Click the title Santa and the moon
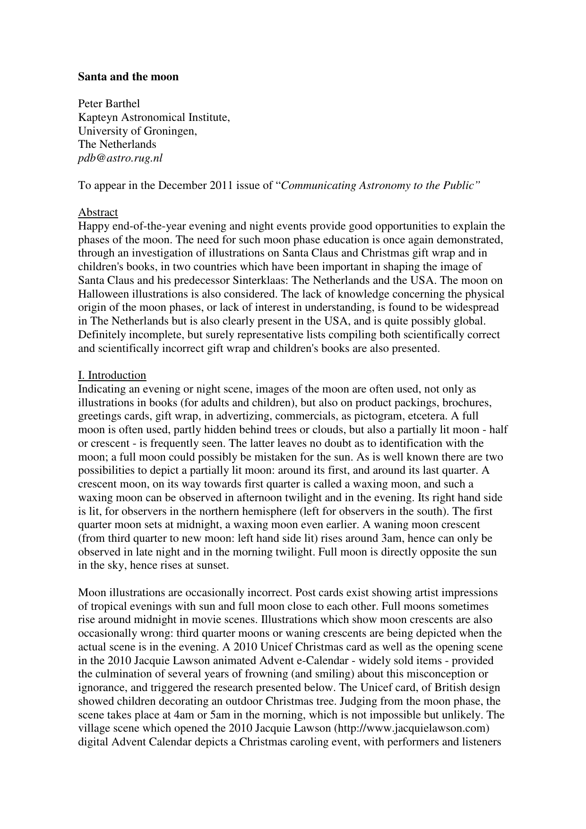point(128,77)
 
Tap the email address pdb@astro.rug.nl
point(120,158)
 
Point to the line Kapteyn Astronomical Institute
point(154,117)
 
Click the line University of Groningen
point(137,131)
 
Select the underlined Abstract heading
point(98,212)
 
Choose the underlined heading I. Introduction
point(112,376)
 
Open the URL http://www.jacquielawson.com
point(411,728)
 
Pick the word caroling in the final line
point(309,742)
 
